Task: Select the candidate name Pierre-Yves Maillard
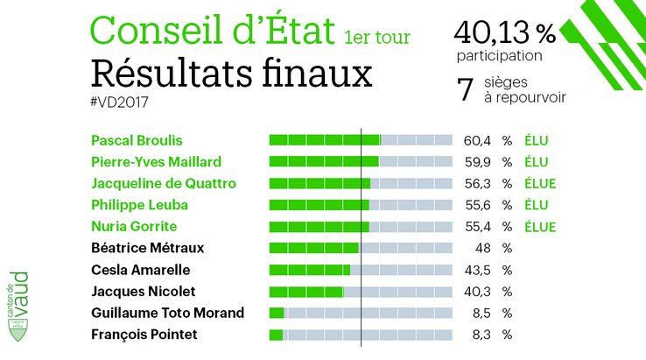pos(156,161)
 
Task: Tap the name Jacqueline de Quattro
pos(163,183)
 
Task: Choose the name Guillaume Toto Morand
pos(167,313)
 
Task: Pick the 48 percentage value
pos(481,248)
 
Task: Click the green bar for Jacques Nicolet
pos(305,292)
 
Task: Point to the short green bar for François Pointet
pos(276,335)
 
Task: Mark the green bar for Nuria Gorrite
pos(319,227)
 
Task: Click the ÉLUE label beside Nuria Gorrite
pos(540,227)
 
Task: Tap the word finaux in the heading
pos(323,72)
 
